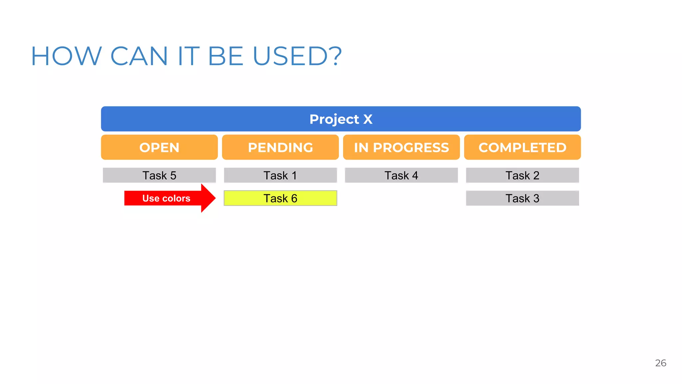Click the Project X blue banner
pyautogui.click(x=341, y=119)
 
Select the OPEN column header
pyautogui.click(x=159, y=147)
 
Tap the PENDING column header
pyautogui.click(x=280, y=147)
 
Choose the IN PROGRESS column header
pyautogui.click(x=401, y=147)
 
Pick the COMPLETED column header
pyautogui.click(x=522, y=147)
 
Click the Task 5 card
pyautogui.click(x=159, y=175)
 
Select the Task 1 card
pyautogui.click(x=280, y=175)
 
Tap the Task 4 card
pyautogui.click(x=401, y=175)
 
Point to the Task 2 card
pyautogui.click(x=522, y=175)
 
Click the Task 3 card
pyautogui.click(x=522, y=198)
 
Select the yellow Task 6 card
pyautogui.click(x=280, y=198)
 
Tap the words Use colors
pyautogui.click(x=166, y=198)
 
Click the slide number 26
pyautogui.click(x=660, y=363)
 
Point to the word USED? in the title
pyautogui.click(x=297, y=56)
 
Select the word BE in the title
pyautogui.click(x=225, y=56)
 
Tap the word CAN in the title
pyautogui.click(x=139, y=56)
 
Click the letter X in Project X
pyautogui.click(x=368, y=119)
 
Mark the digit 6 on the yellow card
pyautogui.click(x=294, y=198)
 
